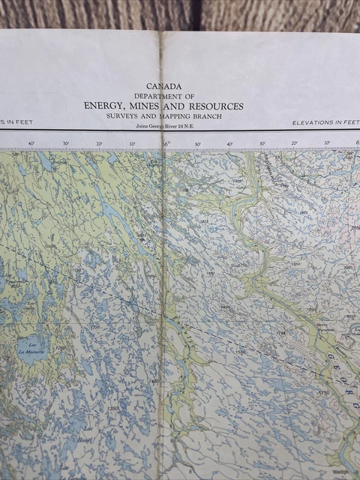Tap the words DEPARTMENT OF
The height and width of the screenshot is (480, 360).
(x=164, y=96)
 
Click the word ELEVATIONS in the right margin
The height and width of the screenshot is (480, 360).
(x=313, y=122)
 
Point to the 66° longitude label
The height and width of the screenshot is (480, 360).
(x=166, y=143)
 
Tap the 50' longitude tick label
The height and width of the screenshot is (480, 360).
(x=198, y=143)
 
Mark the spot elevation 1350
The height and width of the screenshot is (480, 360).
(x=112, y=409)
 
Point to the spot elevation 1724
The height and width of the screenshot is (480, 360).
(x=281, y=333)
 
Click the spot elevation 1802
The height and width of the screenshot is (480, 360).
(x=203, y=221)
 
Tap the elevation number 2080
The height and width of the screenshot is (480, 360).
(x=347, y=267)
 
